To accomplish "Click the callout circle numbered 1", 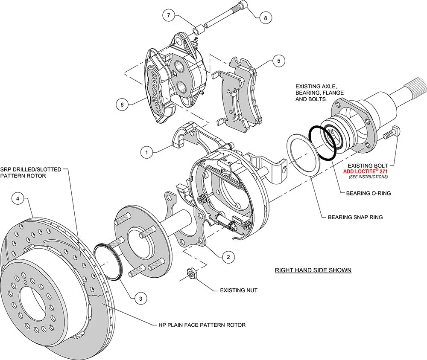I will click(146, 151).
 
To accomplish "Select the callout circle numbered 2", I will click(228, 257).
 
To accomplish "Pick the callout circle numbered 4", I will click(17, 198).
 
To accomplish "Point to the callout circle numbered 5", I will click(278, 61).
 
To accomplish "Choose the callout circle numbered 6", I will click(122, 104).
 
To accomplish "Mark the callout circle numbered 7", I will click(169, 16).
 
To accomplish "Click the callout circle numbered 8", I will click(265, 18).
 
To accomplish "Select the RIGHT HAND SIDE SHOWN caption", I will click(313, 270).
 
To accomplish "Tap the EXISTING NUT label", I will click(239, 290).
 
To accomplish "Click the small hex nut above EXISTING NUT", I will click(192, 273).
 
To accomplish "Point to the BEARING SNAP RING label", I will click(355, 217).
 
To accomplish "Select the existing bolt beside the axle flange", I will click(391, 134).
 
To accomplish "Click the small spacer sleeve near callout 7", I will click(198, 31).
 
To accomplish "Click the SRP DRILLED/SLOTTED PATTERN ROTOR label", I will click(31, 172).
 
